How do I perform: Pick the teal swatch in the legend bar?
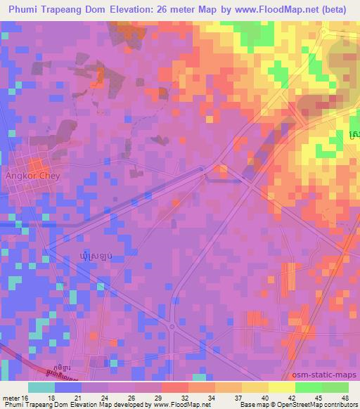coord(41,387)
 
